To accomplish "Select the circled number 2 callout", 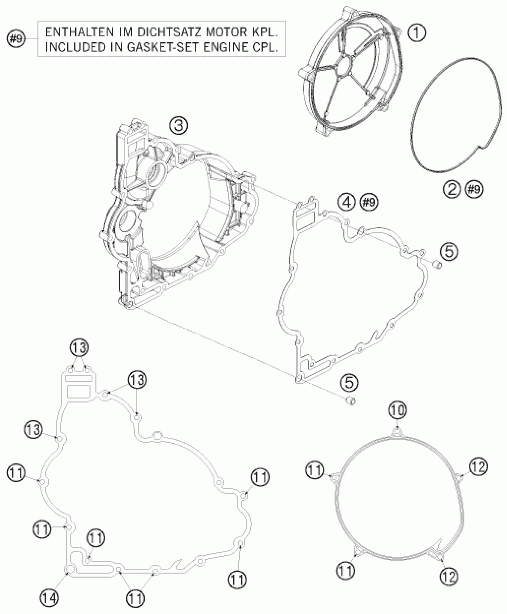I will [x=452, y=189].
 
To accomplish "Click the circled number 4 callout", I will [x=347, y=202].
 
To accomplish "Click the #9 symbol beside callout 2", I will [x=474, y=189].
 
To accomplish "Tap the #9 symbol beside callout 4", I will [x=369, y=202].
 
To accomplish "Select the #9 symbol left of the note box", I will [x=16, y=39].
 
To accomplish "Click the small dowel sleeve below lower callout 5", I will [x=352, y=400].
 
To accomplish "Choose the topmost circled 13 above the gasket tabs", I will [x=79, y=348].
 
